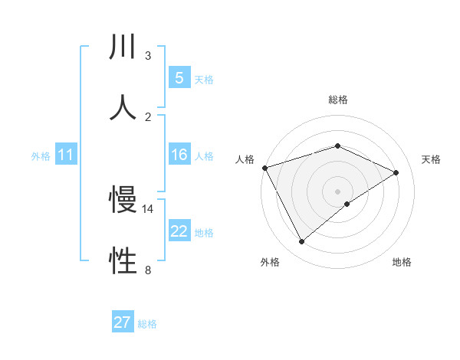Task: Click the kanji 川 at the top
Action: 123,47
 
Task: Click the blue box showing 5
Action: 179,77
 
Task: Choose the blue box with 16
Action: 179,155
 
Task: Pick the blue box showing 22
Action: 179,231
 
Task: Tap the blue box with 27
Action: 122,322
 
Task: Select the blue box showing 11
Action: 65,155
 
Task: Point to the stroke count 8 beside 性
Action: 148,269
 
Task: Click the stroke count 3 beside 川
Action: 148,56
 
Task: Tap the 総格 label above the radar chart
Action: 338,100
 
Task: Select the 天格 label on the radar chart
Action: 432,159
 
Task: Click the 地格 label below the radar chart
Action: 402,262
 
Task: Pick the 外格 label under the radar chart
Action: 270,262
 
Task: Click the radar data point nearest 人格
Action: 264,168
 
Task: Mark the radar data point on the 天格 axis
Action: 396,172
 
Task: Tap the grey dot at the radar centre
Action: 337,191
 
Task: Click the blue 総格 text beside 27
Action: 147,324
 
